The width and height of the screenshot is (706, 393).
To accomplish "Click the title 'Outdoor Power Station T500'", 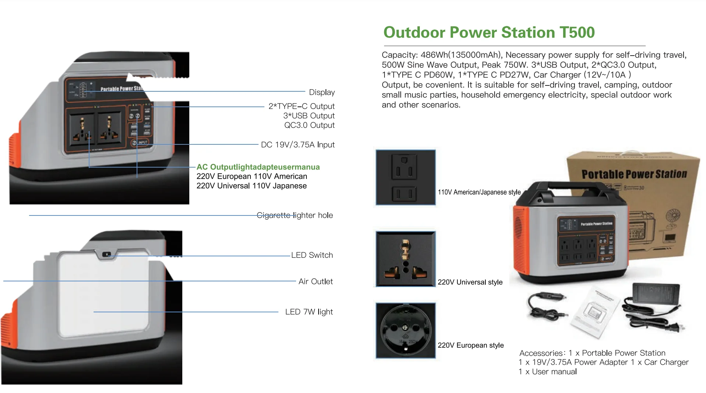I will pyautogui.click(x=489, y=32).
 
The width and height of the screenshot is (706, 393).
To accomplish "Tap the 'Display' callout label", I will pyautogui.click(x=322, y=92).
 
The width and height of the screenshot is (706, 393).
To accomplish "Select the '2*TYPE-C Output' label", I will pyautogui.click(x=301, y=106).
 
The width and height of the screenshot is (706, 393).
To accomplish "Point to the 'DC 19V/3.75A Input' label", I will pyautogui.click(x=298, y=145).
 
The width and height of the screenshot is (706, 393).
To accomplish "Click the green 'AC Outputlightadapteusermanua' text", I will pyautogui.click(x=258, y=167).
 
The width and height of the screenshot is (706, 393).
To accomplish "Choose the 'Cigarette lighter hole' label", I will pyautogui.click(x=295, y=215).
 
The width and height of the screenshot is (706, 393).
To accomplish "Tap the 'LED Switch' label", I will pyautogui.click(x=312, y=255).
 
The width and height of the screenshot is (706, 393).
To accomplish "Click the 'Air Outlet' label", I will pyautogui.click(x=315, y=281).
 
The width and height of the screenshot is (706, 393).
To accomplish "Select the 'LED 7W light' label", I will pyautogui.click(x=309, y=312).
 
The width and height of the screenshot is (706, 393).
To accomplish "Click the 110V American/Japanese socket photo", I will pyautogui.click(x=405, y=177).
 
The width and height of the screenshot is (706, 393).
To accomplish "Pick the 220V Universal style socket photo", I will pyautogui.click(x=405, y=259).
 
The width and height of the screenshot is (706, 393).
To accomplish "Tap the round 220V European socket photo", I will pyautogui.click(x=405, y=330).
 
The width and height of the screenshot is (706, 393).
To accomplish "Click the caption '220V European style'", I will pyautogui.click(x=470, y=345).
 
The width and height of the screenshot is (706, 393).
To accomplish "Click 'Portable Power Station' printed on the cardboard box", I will pyautogui.click(x=634, y=174).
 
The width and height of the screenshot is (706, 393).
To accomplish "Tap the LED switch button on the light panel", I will pyautogui.click(x=106, y=254).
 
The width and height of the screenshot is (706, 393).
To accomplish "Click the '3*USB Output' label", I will pyautogui.click(x=309, y=116).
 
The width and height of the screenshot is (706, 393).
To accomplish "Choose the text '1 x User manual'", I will pyautogui.click(x=547, y=372).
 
